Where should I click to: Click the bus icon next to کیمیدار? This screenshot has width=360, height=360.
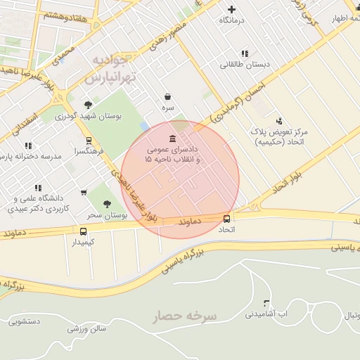coord(84,231)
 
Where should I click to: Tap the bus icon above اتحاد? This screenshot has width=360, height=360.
coord(226,219)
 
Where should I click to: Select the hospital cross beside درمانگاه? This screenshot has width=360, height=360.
coord(232,10)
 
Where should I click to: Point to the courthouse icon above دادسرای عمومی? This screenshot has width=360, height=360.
coord(173,139)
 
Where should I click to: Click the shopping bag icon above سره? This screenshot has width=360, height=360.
coord(167,96)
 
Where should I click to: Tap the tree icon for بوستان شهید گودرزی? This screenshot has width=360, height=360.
coord(88,104)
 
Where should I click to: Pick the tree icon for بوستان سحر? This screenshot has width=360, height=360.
coord(107,204)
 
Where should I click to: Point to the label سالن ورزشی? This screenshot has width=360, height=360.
coord(86,328)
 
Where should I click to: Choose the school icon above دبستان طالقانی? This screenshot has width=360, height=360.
coord(245,53)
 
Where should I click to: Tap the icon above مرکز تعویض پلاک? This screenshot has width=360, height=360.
coord(279,121)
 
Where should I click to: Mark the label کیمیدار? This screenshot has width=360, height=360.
coord(84,242)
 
